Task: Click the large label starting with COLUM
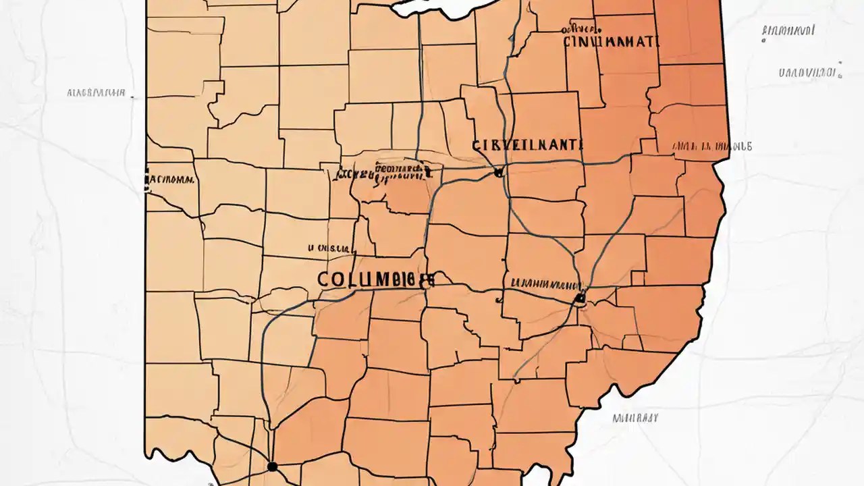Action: point(375,280)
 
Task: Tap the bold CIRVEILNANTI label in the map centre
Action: point(519,144)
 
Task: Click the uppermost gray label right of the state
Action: point(787,30)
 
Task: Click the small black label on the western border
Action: point(169,180)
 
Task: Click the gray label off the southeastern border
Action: point(634,418)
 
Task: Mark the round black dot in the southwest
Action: point(272,466)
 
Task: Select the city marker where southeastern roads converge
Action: point(578,297)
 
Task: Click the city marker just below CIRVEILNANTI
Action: point(498,173)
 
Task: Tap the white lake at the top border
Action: point(439,8)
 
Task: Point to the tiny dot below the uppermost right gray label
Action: point(763,40)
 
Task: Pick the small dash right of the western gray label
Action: point(132,99)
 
